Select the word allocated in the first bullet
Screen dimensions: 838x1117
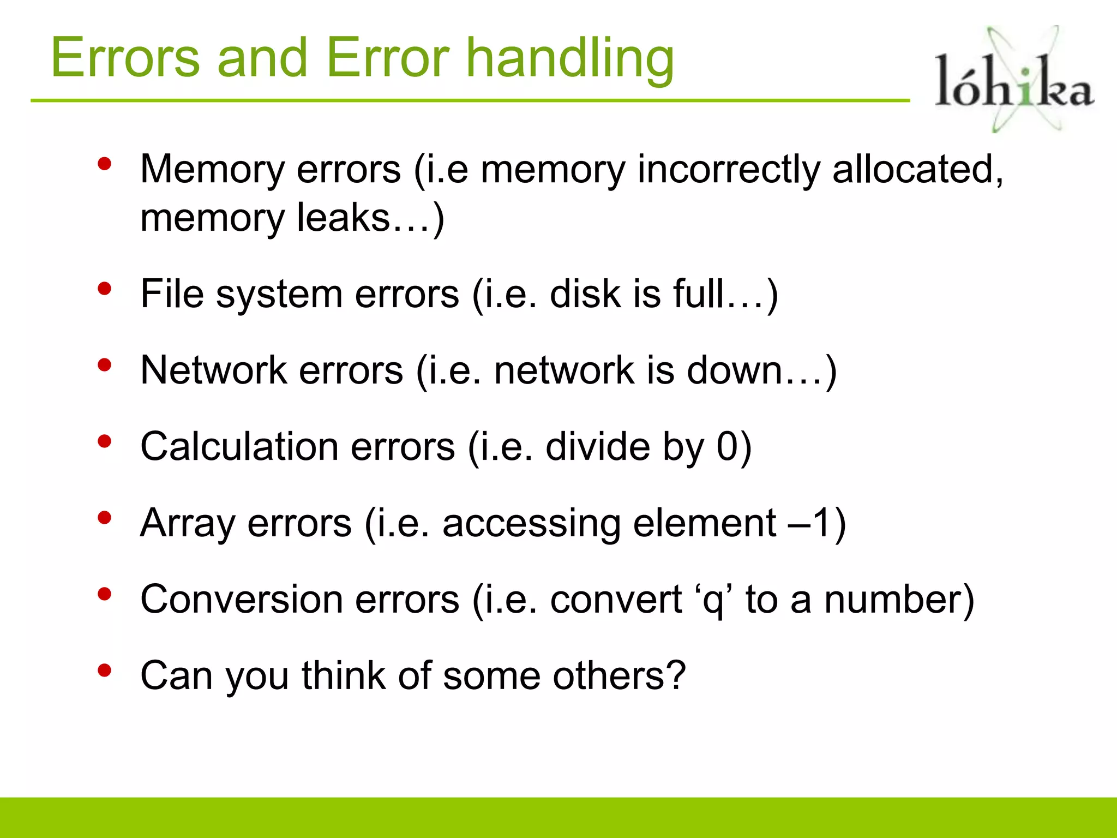pos(916,169)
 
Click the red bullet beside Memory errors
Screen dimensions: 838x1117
pos(104,164)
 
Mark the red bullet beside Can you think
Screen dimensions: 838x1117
pos(104,671)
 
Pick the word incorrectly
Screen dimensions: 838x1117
pos(728,170)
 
